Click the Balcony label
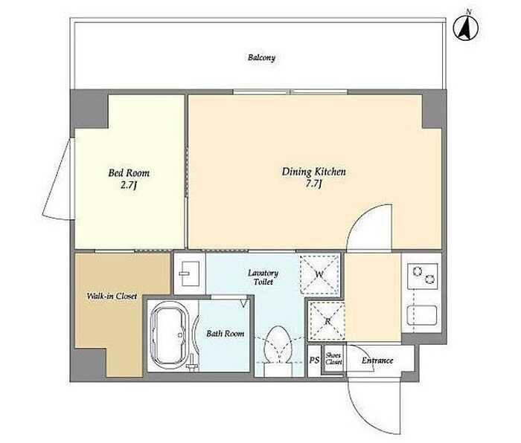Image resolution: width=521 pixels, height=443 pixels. [261, 58]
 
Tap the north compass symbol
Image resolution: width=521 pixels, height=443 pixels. [466, 28]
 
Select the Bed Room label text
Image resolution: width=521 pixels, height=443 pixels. [129, 173]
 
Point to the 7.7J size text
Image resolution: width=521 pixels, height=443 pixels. [313, 184]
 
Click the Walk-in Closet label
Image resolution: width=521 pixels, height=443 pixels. [112, 296]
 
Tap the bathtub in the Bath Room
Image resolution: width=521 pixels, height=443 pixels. [170, 336]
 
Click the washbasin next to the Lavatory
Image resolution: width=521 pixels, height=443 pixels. [189, 274]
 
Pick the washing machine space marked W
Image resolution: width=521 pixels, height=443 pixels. [319, 274]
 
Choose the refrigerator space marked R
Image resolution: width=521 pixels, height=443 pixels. [327, 321]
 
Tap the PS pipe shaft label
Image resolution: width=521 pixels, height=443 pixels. [314, 360]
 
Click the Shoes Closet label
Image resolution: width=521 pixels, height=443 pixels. [333, 358]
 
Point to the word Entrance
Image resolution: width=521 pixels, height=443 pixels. [377, 360]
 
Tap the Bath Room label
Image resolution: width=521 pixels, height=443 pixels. [226, 334]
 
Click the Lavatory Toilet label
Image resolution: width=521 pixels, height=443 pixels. [263, 277]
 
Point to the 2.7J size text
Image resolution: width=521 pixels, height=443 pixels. [129, 185]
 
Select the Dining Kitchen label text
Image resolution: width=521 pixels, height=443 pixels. [314, 172]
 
